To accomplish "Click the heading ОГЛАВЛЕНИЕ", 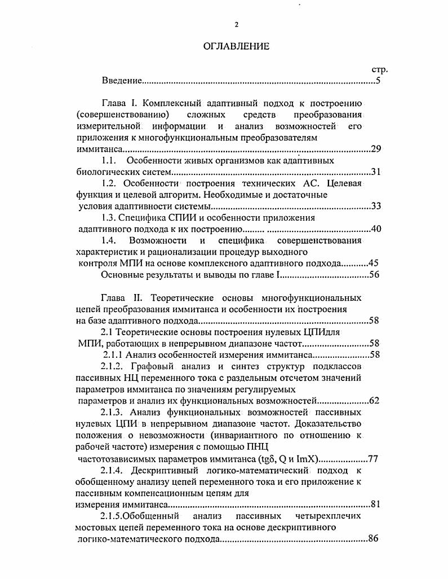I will (236, 46).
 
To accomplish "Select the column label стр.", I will (380, 70).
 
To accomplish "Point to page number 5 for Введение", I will (379, 81).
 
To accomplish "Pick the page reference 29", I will (377, 149).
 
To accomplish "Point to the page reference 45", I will (373, 264).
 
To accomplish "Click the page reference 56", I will (375, 275).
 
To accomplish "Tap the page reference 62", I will (374, 401).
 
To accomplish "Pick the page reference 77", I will (372, 458).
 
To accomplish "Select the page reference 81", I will (376, 504).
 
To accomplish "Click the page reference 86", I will (373, 539).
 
